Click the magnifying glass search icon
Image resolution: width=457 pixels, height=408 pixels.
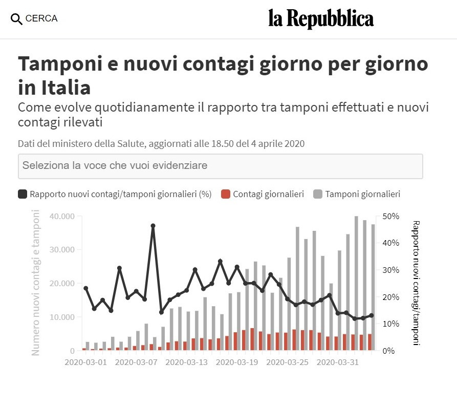16,19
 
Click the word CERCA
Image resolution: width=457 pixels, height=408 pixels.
41,18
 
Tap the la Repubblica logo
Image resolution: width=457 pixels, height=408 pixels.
321,19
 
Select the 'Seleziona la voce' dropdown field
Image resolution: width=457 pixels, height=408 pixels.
220,166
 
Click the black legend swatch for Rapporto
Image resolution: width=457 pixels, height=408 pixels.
23,194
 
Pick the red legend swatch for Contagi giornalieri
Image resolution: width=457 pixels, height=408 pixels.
225,194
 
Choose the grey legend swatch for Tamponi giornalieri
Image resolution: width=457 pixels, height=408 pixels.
318,194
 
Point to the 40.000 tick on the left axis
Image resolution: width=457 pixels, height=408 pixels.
62,216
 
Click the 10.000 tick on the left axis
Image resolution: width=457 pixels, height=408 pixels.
62,317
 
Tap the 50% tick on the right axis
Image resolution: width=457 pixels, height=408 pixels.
390,216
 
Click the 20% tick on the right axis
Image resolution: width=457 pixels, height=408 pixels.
390,297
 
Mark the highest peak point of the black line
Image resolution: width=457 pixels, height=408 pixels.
153,226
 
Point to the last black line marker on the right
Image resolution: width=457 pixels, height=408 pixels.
372,315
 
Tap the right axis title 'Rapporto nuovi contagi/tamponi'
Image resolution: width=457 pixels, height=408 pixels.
416,283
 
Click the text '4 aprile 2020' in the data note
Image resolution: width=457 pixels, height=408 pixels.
280,144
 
